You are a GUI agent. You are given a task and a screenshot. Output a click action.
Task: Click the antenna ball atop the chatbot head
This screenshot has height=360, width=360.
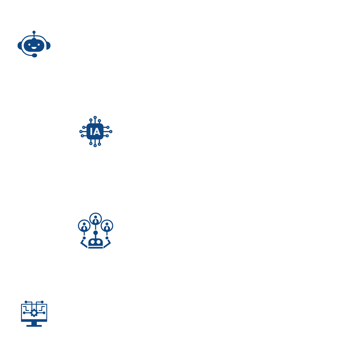pos(34,32)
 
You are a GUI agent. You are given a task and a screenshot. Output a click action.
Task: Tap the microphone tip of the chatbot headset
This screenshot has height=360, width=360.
pos(34,55)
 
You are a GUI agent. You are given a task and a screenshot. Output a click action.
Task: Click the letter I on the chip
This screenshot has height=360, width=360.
pos(91,132)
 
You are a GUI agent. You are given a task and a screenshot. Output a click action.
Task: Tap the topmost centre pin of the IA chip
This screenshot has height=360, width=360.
pos(95,118)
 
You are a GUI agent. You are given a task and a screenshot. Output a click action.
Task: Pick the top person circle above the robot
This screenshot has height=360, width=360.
pos(96,219)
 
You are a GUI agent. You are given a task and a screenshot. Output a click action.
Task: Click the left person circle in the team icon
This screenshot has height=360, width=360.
pos(84,226)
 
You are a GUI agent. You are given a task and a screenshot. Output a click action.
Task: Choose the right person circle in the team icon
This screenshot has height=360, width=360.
pos(107,226)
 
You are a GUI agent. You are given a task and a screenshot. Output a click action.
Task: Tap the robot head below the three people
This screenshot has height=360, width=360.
pos(95,242)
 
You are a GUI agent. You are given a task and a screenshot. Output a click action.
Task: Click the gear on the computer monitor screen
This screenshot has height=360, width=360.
pos(34,313)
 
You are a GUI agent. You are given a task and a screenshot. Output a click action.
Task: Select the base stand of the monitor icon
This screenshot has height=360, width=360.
pos(34,325)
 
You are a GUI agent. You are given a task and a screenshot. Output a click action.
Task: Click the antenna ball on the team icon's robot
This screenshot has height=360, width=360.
pos(96,233)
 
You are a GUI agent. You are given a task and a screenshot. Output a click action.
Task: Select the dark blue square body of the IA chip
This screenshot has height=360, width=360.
pos(95,132)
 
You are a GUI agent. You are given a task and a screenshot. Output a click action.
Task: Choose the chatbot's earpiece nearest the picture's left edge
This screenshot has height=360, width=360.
pos(20,45)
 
